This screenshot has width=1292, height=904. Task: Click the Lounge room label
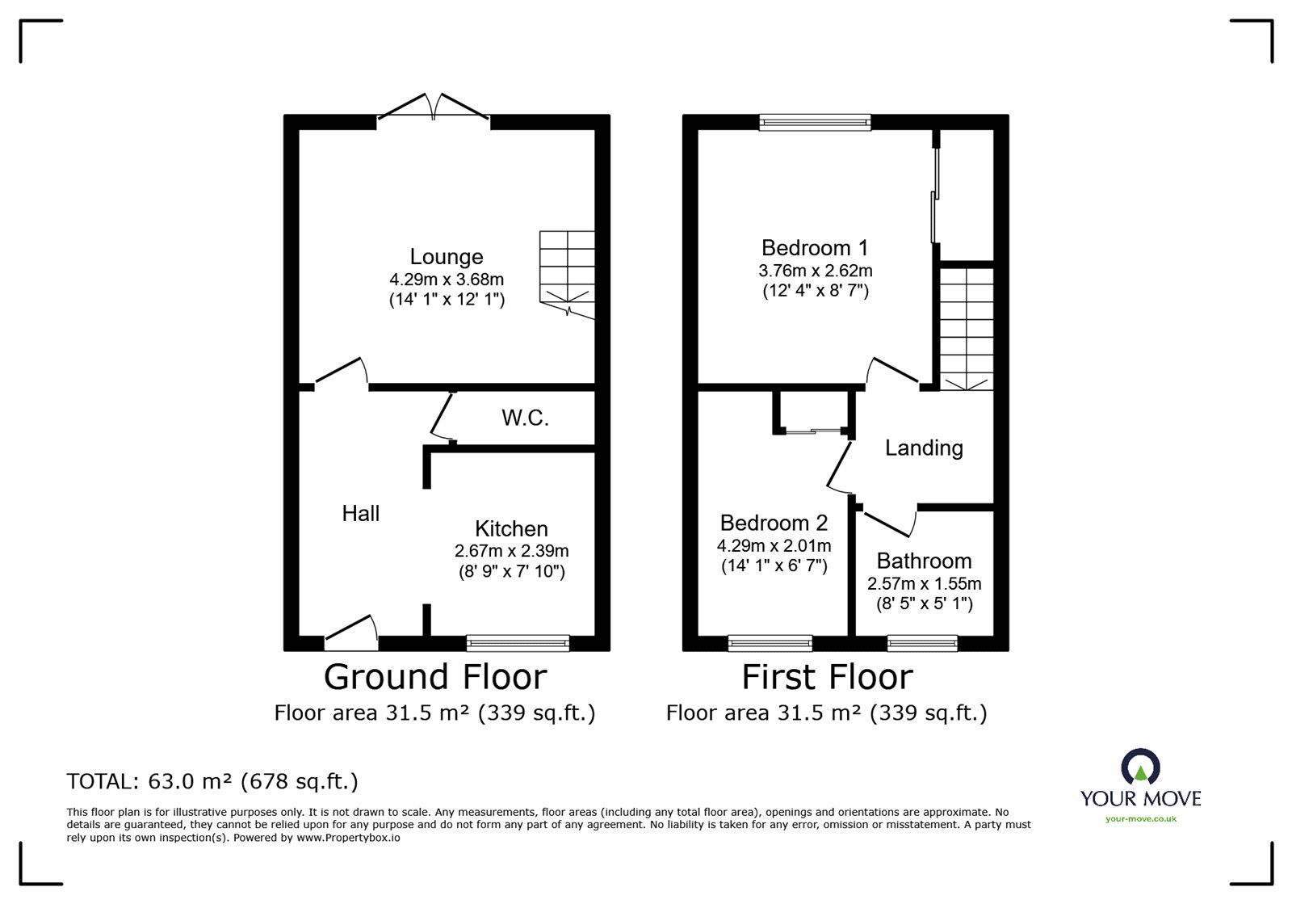447,257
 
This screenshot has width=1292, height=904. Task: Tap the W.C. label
525,418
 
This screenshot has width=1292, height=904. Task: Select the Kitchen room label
511,529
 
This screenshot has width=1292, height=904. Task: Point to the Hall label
360,513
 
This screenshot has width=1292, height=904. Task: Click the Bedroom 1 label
815,247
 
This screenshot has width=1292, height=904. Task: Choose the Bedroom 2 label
774,523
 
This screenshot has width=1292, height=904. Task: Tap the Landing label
924,448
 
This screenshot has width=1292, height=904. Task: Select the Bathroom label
924,561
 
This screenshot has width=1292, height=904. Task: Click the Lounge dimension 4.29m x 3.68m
447,280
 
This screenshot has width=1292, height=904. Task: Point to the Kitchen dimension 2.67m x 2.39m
511,551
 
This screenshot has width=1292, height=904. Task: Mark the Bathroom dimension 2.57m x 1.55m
924,583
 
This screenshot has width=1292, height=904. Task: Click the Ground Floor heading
435,677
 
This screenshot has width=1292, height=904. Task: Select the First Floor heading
827,677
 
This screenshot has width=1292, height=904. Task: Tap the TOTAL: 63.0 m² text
212,781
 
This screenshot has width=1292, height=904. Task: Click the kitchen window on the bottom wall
518,642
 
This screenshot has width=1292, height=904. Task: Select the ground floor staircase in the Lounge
567,273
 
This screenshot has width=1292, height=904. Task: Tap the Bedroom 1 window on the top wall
815,122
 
